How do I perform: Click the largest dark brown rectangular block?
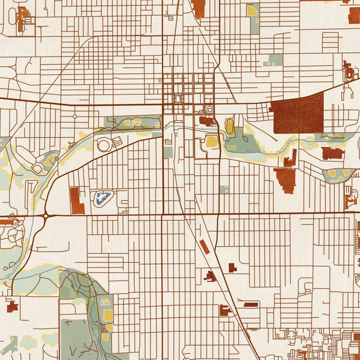[298, 113]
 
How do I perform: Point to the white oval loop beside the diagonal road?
[104, 145]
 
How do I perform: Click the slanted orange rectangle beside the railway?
[205, 247]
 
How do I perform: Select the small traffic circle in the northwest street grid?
[74, 116]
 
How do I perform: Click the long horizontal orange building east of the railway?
[251, 305]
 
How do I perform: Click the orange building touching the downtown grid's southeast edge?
[206, 121]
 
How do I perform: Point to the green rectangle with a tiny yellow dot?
[275, 60]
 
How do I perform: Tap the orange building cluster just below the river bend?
[286, 178]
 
